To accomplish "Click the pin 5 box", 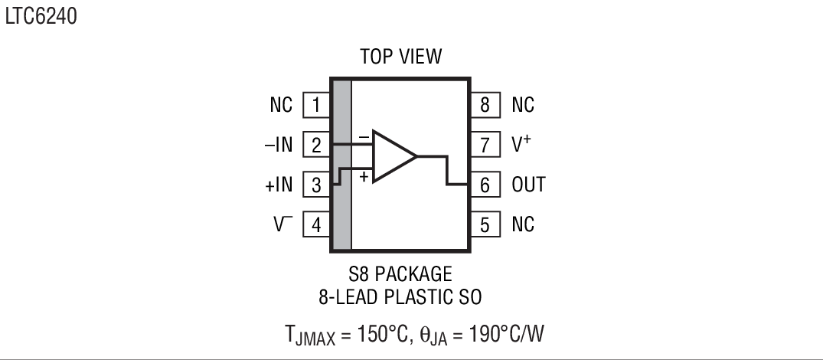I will click(x=485, y=224).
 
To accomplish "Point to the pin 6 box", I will click(x=485, y=185).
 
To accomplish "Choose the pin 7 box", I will click(x=485, y=144).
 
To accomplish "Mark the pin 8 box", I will click(x=485, y=105).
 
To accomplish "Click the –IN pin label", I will click(x=279, y=144).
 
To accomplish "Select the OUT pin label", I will click(x=528, y=185).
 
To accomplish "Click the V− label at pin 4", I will click(x=282, y=224).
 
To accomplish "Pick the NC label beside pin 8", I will click(x=523, y=105).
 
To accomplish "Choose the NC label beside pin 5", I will click(x=523, y=224).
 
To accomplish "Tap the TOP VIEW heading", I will click(x=401, y=57).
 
